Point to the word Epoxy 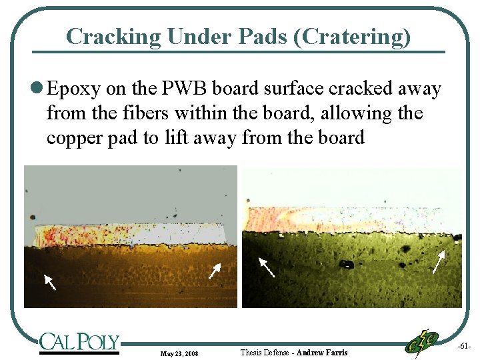pyautogui.click(x=73, y=89)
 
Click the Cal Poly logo pyautogui.click(x=79, y=342)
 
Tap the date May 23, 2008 pyautogui.click(x=179, y=353)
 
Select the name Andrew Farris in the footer pyautogui.click(x=321, y=352)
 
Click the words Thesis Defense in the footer pyautogui.click(x=265, y=352)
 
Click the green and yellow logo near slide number pyautogui.click(x=423, y=342)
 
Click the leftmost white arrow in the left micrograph pyautogui.click(x=49, y=281)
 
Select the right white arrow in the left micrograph pyautogui.click(x=215, y=270)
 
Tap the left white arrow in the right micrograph pyautogui.click(x=267, y=267)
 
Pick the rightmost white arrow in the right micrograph pyautogui.click(x=439, y=262)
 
